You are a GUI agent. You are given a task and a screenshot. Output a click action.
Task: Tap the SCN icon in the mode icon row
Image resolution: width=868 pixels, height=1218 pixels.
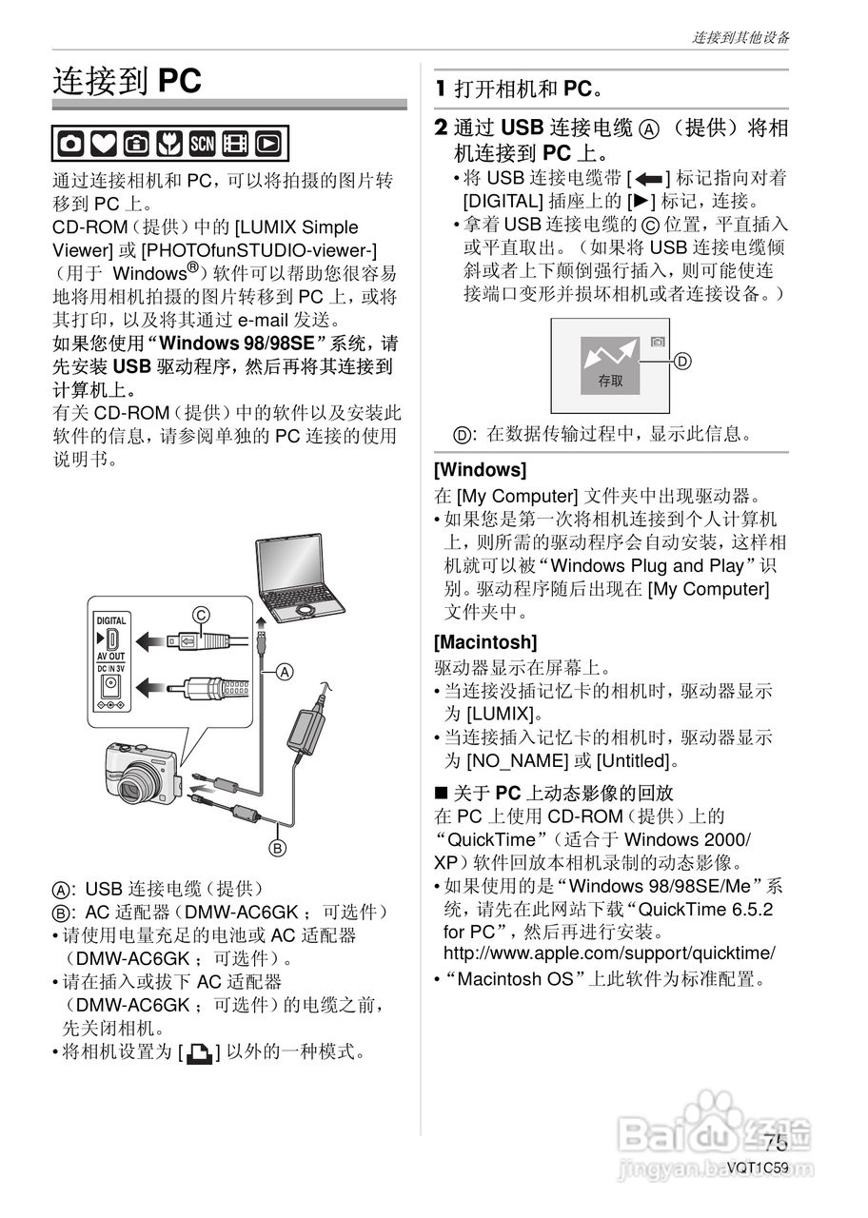(x=203, y=143)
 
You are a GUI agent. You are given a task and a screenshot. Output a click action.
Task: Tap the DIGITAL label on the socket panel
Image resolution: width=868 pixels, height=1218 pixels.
(x=110, y=620)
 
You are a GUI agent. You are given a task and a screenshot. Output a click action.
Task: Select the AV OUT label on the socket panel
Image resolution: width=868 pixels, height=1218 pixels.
(x=110, y=657)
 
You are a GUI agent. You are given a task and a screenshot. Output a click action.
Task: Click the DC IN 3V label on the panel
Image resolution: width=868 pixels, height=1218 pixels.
(x=110, y=667)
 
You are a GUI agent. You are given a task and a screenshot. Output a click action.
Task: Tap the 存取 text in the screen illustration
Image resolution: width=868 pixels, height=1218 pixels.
(x=610, y=381)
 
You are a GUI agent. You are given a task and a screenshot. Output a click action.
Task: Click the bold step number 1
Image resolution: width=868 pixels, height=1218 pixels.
(x=441, y=89)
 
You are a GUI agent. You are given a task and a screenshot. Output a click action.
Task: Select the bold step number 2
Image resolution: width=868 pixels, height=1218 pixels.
(x=441, y=128)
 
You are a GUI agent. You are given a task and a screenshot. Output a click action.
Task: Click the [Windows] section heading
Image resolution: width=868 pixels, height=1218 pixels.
(x=480, y=470)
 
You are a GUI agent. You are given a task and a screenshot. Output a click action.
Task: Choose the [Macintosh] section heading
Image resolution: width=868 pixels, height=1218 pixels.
(x=485, y=641)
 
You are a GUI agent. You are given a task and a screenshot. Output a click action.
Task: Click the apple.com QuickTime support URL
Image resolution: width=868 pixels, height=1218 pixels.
(x=609, y=953)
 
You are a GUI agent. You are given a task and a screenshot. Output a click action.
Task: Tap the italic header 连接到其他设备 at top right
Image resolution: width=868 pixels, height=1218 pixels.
(x=740, y=38)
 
